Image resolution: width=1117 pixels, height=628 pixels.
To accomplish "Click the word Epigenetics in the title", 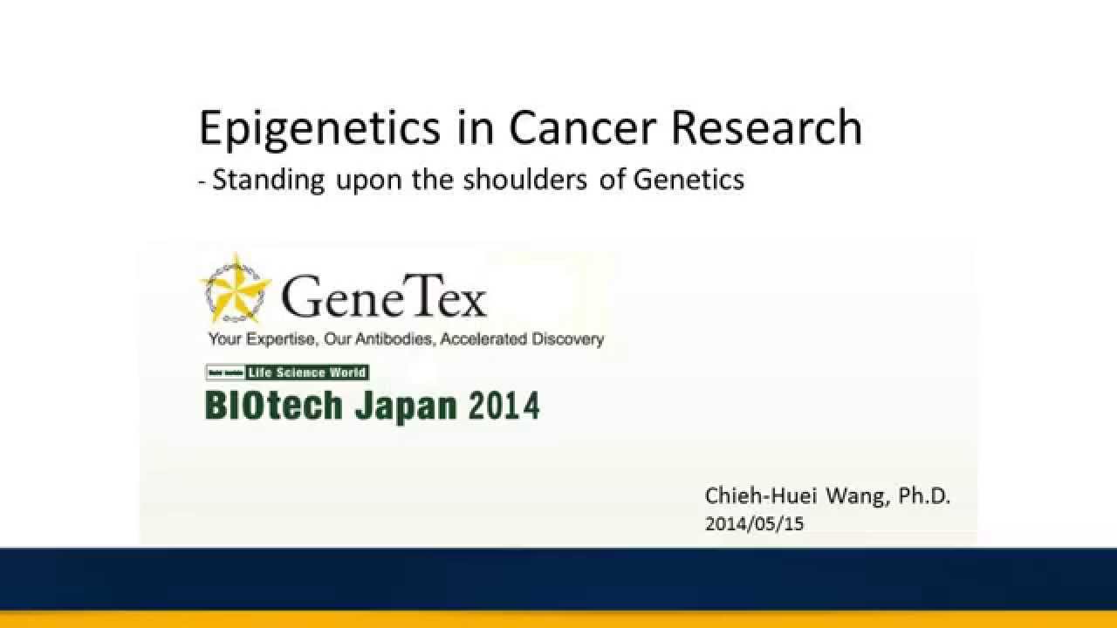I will pyautogui.click(x=319, y=128).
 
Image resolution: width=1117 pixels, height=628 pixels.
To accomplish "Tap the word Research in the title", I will pyautogui.click(x=767, y=128).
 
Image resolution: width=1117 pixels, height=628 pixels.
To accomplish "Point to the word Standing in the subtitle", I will pyautogui.click(x=268, y=180).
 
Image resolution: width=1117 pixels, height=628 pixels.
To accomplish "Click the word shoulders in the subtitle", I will pyautogui.click(x=524, y=180).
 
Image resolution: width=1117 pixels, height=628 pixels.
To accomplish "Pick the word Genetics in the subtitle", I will pyautogui.click(x=689, y=180).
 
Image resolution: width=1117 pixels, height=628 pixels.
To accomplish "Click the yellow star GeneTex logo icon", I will pyautogui.click(x=236, y=288).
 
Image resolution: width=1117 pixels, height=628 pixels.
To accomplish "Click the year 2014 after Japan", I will pyautogui.click(x=504, y=406).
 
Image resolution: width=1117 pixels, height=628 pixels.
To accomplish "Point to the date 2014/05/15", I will pyautogui.click(x=754, y=524).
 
